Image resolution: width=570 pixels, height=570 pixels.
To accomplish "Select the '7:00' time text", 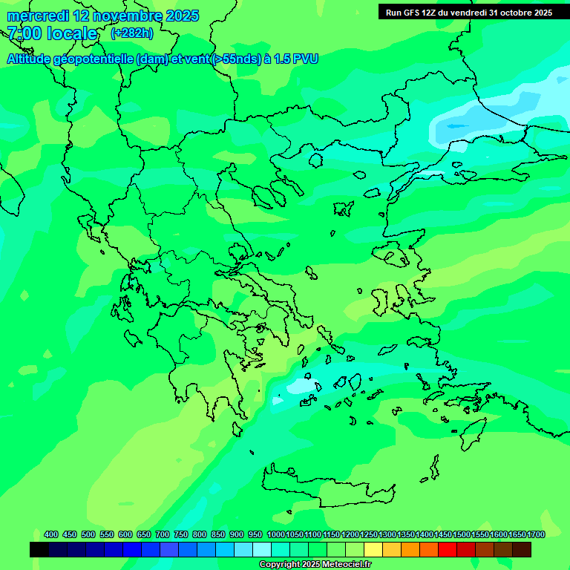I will point(23,33).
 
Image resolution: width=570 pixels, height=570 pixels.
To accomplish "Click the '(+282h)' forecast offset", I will point(132,33).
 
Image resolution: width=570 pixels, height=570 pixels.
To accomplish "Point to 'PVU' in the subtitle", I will point(304,59).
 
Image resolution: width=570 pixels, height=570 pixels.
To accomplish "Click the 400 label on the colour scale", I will point(51,534).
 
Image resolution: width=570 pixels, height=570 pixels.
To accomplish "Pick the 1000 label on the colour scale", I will point(275,534).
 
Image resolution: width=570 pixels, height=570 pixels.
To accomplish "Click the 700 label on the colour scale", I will point(163,534).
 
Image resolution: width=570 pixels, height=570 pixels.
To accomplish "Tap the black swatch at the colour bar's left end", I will point(39,549).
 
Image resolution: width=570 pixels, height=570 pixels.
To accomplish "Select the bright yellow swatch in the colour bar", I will point(373,549).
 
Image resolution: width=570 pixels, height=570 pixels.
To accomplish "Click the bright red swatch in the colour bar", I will point(448,549).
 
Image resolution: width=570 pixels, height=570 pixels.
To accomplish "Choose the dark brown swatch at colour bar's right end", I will point(522,549).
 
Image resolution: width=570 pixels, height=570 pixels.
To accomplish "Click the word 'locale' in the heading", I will point(71,33).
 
